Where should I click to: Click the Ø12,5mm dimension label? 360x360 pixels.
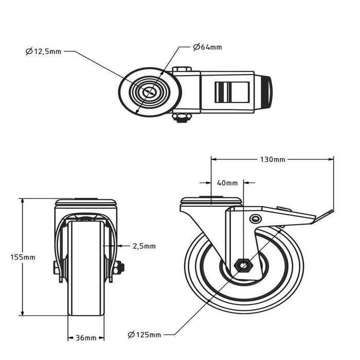(43, 51)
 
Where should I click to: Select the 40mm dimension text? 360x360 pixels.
(227, 183)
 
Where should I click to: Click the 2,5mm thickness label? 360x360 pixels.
(144, 246)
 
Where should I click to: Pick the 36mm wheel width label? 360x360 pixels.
(86, 338)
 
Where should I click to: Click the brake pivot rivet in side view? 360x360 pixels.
(254, 219)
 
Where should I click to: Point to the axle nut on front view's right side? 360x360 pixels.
(120, 266)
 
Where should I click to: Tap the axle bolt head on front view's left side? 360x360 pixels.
(55, 266)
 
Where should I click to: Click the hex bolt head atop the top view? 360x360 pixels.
(182, 69)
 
